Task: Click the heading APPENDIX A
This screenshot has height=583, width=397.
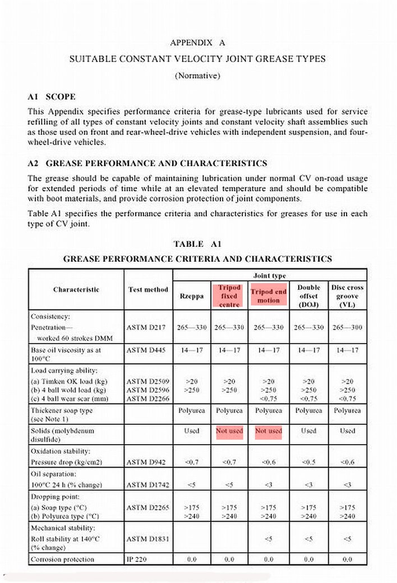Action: pyautogui.click(x=197, y=42)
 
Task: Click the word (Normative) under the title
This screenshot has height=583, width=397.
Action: pyautogui.click(x=197, y=76)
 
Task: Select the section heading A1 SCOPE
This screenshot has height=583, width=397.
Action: pyautogui.click(x=52, y=96)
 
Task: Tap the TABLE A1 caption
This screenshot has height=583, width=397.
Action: pyautogui.click(x=197, y=244)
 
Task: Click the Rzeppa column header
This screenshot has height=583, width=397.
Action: pyautogui.click(x=191, y=296)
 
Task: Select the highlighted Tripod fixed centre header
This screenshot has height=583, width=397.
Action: pyautogui.click(x=229, y=296)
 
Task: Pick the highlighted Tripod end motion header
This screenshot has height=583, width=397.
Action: pyautogui.click(x=268, y=296)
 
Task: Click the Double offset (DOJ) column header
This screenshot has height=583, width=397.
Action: pyautogui.click(x=308, y=296)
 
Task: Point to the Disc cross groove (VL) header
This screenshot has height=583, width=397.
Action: pyautogui.click(x=347, y=296)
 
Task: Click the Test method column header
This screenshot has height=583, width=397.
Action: pyautogui.click(x=148, y=290)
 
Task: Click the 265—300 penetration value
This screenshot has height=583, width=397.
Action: pyautogui.click(x=347, y=327)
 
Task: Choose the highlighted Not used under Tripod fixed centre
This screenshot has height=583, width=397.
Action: pyautogui.click(x=229, y=431)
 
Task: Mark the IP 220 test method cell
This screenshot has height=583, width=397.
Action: pyautogui.click(x=138, y=559)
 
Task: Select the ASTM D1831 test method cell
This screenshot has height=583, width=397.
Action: pyautogui.click(x=147, y=539)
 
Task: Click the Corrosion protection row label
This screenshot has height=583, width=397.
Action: pyautogui.click(x=62, y=559)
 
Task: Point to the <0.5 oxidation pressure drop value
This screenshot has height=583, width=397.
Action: pyautogui.click(x=308, y=462)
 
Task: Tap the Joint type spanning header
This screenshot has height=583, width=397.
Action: pyautogui.click(x=269, y=276)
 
